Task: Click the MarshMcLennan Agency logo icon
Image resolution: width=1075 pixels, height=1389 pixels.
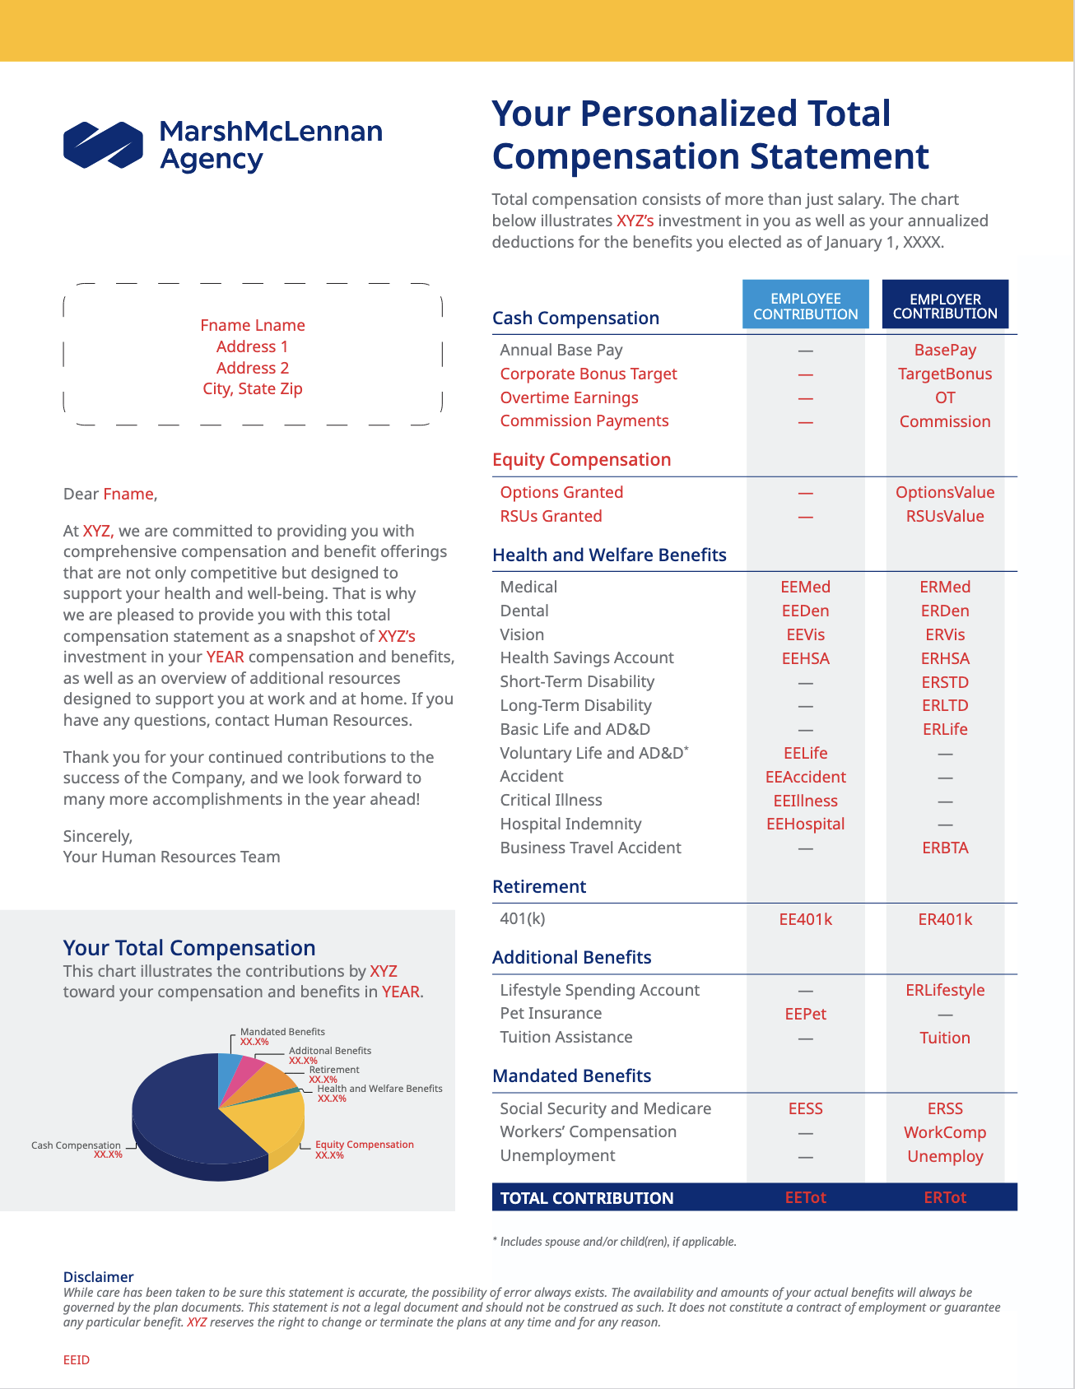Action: pyautogui.click(x=103, y=145)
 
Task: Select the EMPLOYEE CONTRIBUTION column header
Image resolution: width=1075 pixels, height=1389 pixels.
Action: pyautogui.click(x=805, y=305)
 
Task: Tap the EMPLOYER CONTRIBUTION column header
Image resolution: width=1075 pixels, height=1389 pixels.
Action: pyautogui.click(x=945, y=305)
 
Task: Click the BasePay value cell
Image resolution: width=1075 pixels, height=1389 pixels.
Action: pyautogui.click(x=945, y=350)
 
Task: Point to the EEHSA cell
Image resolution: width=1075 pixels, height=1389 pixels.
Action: pyautogui.click(x=805, y=658)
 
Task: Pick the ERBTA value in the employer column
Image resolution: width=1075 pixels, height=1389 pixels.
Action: pyautogui.click(x=945, y=848)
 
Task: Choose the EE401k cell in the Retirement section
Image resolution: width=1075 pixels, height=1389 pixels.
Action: pyautogui.click(x=805, y=919)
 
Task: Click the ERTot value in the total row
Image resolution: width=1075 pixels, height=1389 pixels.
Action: pyautogui.click(x=945, y=1197)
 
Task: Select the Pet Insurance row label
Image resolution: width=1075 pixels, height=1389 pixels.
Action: pyautogui.click(x=551, y=1013)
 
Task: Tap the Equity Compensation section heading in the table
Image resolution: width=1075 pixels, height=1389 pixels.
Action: pyautogui.click(x=581, y=459)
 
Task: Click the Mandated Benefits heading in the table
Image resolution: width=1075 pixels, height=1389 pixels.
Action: pyautogui.click(x=571, y=1075)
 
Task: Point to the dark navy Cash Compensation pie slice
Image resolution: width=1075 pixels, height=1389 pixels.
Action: pyautogui.click(x=181, y=1119)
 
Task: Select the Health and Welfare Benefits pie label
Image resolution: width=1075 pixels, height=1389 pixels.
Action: pyautogui.click(x=379, y=1089)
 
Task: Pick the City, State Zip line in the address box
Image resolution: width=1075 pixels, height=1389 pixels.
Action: pyautogui.click(x=253, y=388)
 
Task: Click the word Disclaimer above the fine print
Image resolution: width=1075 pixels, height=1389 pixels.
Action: pyautogui.click(x=98, y=1276)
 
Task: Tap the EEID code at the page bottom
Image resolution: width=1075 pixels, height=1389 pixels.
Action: pyautogui.click(x=77, y=1360)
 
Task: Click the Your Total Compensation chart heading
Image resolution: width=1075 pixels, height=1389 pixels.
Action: pyautogui.click(x=189, y=948)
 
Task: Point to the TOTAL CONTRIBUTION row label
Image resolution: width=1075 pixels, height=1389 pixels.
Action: pyautogui.click(x=587, y=1198)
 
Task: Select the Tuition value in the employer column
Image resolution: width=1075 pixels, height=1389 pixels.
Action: pyautogui.click(x=945, y=1038)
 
